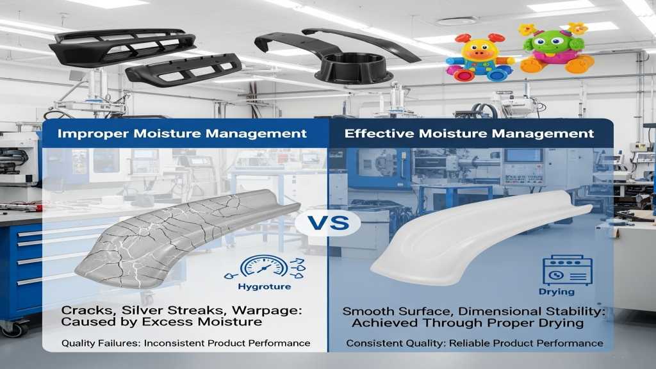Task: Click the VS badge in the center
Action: (x=327, y=222)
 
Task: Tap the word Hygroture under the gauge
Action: (x=265, y=286)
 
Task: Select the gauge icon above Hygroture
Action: (x=265, y=267)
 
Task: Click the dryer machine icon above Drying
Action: (x=568, y=270)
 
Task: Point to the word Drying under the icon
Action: (x=557, y=291)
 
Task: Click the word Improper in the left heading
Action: (x=94, y=134)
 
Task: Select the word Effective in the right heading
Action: (x=379, y=133)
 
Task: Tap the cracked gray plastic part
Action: (x=184, y=238)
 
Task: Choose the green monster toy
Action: (x=552, y=48)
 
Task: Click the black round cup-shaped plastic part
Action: (x=354, y=67)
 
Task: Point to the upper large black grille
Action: (x=122, y=46)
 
